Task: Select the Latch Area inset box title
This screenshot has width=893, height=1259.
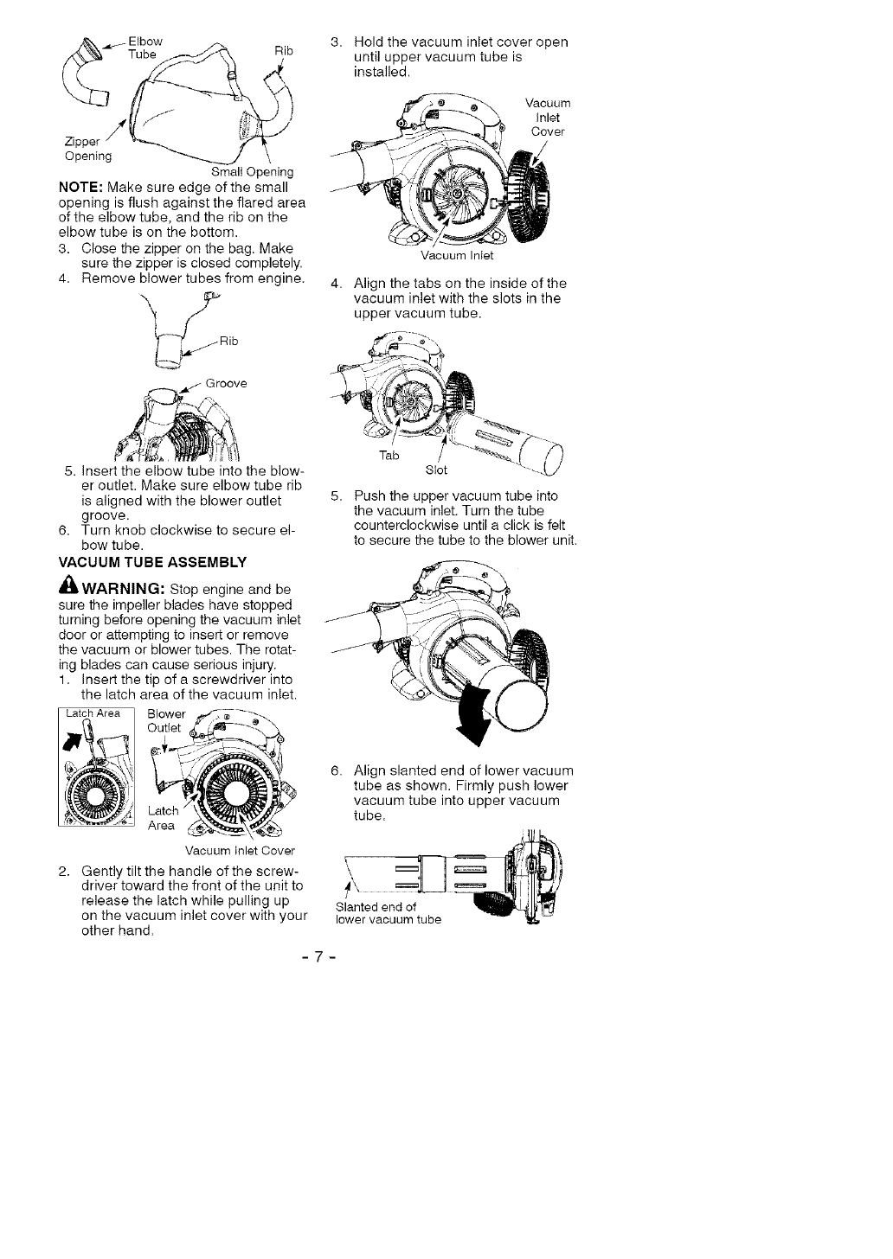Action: point(95,713)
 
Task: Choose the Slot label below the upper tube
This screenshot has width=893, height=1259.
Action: point(437,470)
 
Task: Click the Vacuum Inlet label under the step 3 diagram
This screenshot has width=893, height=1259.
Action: point(456,255)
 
